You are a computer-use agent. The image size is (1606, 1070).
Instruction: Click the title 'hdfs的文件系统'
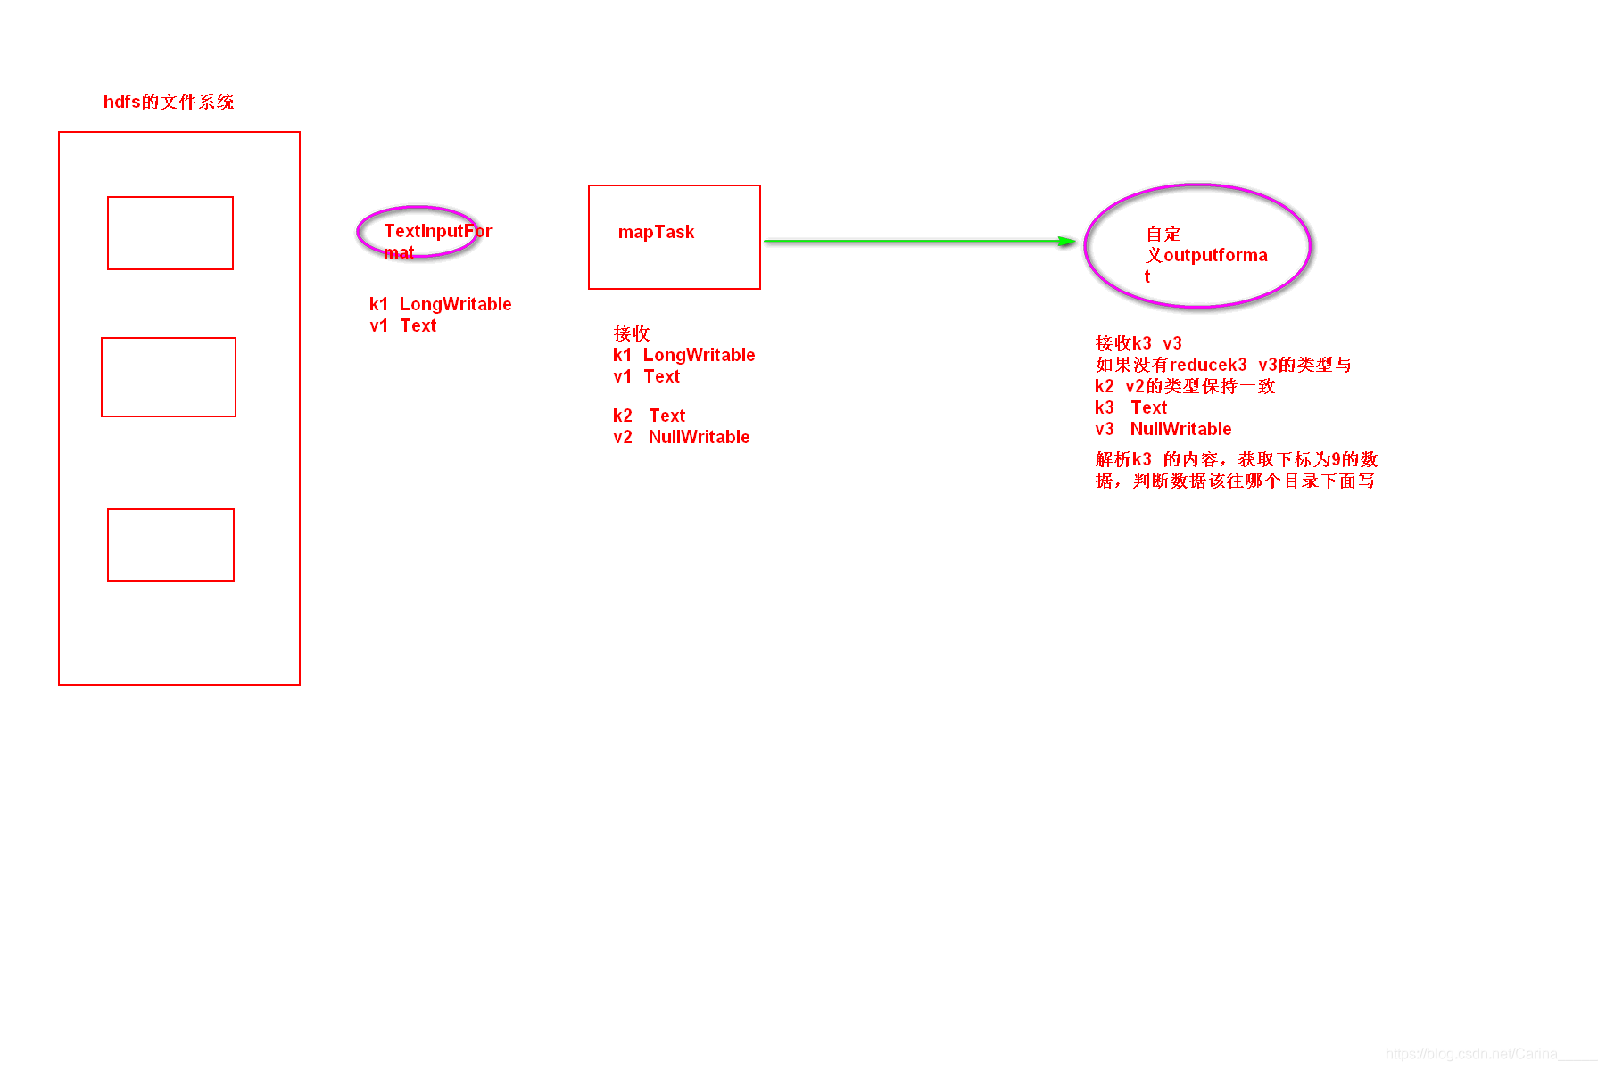(169, 102)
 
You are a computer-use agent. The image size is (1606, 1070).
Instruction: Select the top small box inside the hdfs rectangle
(170, 233)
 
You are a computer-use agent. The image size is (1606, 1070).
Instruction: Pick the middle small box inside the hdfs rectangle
(169, 377)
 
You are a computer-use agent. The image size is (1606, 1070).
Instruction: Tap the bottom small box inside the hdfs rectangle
(170, 545)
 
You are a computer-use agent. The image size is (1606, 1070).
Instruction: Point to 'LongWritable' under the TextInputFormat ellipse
(455, 304)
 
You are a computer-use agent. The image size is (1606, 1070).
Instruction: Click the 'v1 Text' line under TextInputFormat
(403, 326)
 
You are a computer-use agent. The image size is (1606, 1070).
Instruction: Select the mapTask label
(656, 233)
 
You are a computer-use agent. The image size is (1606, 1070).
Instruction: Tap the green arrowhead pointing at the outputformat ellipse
(1065, 241)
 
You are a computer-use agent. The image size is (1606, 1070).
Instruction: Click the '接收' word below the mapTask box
(632, 333)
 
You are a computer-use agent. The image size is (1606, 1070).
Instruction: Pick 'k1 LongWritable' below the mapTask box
(683, 355)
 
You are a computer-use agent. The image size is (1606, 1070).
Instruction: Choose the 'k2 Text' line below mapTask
(649, 416)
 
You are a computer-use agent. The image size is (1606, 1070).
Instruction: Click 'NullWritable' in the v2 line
(699, 437)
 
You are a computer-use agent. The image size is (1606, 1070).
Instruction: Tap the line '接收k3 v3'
(1138, 343)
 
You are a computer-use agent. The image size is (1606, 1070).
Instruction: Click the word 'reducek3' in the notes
(1208, 365)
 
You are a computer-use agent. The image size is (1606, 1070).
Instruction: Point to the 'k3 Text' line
(1130, 407)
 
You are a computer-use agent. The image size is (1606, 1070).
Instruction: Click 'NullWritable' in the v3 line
(1180, 429)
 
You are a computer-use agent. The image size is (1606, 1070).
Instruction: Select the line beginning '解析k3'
(1237, 459)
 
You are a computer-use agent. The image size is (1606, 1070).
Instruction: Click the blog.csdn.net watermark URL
(1471, 1054)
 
